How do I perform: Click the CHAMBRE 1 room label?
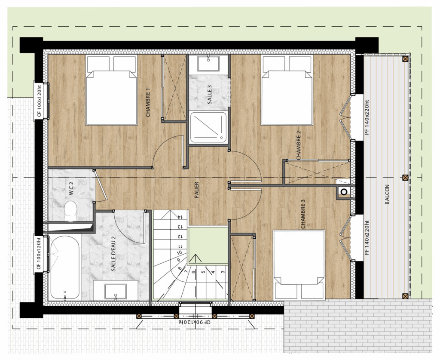click(148, 102)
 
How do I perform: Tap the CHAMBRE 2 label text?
click(298, 145)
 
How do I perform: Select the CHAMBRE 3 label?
click(302, 214)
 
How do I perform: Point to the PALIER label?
click(196, 190)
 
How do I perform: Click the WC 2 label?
click(71, 188)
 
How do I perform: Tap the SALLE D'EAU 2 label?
click(113, 254)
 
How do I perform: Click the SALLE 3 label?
click(209, 95)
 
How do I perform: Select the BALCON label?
click(387, 194)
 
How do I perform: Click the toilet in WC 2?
click(70, 211)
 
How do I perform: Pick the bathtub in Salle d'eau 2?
click(65, 268)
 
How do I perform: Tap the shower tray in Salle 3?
click(208, 127)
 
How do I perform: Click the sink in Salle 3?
click(208, 64)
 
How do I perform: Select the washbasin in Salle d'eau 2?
click(115, 291)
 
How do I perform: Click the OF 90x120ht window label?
click(195, 322)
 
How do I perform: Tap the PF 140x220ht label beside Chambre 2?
click(367, 117)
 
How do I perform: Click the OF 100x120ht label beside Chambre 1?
click(39, 101)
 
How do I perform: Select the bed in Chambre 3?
click(299, 265)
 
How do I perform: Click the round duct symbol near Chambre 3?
click(344, 192)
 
